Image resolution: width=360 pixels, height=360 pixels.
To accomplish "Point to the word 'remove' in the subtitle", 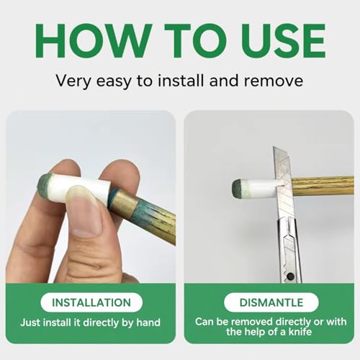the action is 274,81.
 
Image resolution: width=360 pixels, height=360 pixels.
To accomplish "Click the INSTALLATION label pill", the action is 91,302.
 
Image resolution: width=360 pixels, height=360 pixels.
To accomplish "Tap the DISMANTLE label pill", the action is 271,302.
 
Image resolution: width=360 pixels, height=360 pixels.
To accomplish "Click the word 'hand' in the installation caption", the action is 148,323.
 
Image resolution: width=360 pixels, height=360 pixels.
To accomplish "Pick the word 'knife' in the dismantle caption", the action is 300,332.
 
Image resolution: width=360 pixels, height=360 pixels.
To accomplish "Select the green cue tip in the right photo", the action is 237,189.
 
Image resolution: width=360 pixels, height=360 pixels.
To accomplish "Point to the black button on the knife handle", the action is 291,276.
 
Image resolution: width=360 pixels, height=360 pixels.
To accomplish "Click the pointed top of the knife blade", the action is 274,147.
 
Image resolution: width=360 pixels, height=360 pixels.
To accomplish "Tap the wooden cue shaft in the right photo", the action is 323,186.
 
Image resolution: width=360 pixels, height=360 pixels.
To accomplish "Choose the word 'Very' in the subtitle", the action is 73,81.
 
